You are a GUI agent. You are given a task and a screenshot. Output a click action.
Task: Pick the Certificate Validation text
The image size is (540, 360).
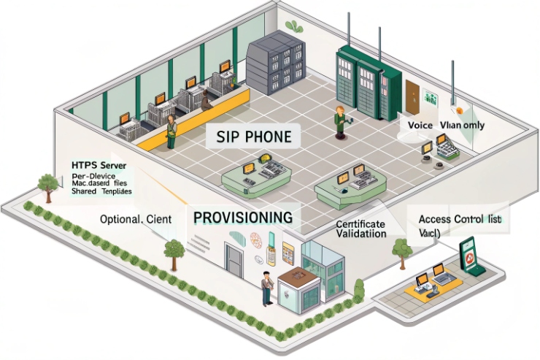pos(362,229)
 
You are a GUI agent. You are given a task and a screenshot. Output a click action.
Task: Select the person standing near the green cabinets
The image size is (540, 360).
pos(339,120)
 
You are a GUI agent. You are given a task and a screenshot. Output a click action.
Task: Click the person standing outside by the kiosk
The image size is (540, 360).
pos(267,288)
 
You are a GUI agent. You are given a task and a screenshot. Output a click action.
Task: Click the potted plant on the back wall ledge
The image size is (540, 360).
pos(294,26)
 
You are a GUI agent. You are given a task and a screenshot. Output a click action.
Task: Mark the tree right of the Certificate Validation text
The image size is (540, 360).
pos(400,250)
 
